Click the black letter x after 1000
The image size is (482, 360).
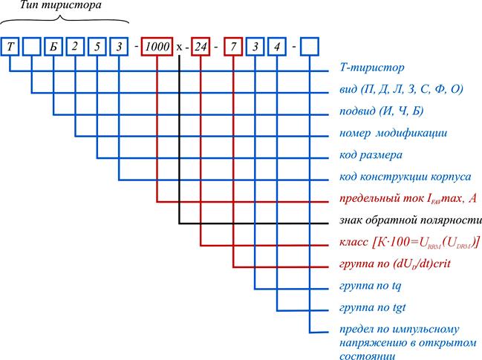[179, 47]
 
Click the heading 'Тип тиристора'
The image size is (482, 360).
[61, 5]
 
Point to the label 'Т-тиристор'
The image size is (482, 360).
[371, 68]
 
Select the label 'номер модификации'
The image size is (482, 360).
[393, 133]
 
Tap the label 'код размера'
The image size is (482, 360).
[371, 155]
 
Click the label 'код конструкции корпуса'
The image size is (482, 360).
[406, 177]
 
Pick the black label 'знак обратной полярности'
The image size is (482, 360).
[411, 220]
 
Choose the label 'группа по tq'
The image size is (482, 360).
[370, 286]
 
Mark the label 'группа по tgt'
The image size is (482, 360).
[373, 308]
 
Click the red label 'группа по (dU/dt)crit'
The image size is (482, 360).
[394, 264]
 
